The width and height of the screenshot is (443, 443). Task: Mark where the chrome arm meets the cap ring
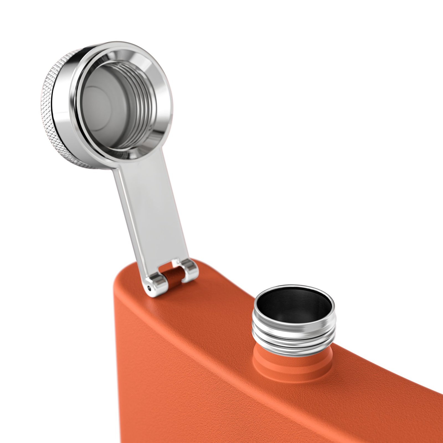coord(138,163)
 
